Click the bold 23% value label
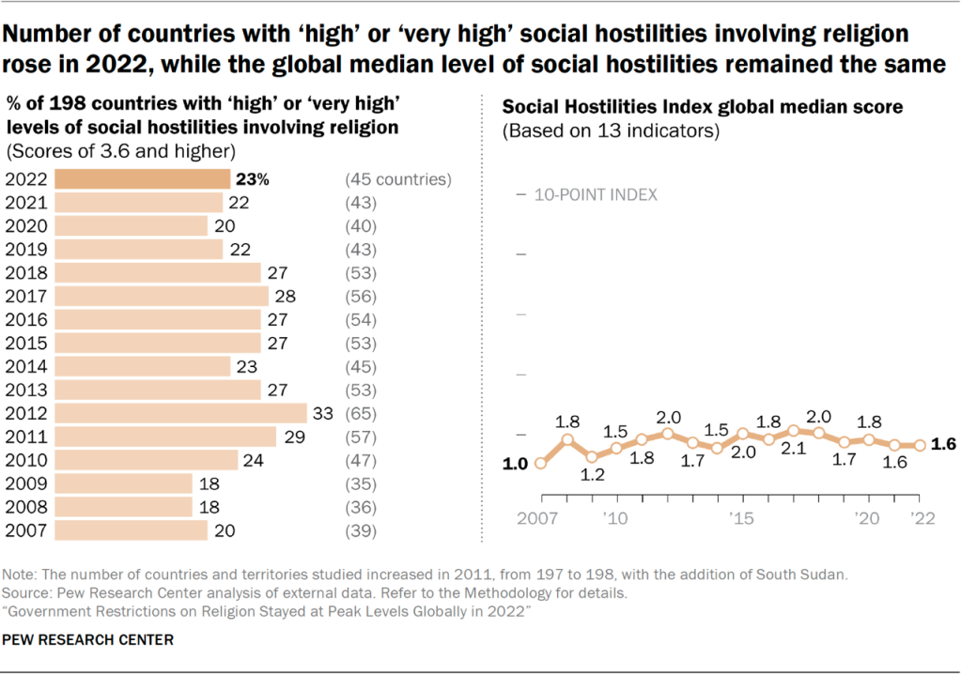[x=253, y=179]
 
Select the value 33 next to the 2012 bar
[x=323, y=413]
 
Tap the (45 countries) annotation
[x=399, y=179]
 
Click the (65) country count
[x=361, y=413]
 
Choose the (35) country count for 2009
[x=361, y=483]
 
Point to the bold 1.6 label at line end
[x=942, y=445]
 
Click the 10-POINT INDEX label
[x=596, y=195]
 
